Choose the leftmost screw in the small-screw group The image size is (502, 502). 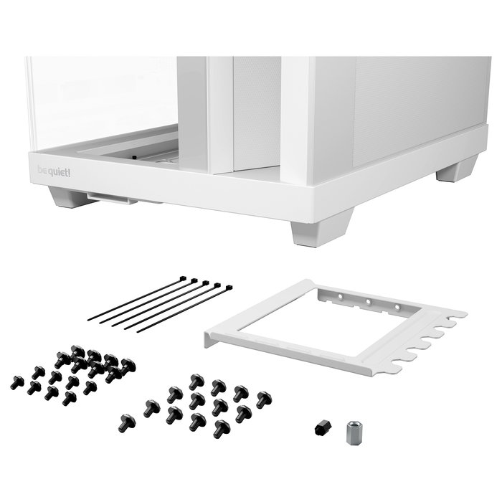tap(16, 382)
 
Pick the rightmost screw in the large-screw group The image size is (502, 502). tap(263, 399)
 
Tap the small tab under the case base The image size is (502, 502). tap(113, 197)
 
